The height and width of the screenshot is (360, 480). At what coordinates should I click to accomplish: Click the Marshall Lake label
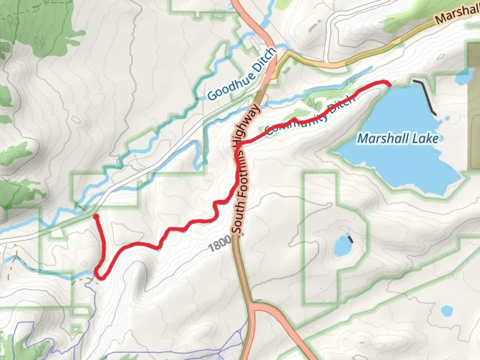pyautogui.click(x=398, y=138)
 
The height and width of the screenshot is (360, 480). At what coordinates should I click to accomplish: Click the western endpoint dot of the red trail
pyautogui.click(x=96, y=217)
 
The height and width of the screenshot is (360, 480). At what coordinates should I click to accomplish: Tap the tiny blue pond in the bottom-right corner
pyautogui.click(x=446, y=311)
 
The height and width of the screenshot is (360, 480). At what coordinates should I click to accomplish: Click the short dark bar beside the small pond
pyautogui.click(x=350, y=239)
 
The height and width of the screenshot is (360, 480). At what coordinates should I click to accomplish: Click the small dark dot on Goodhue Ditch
pyautogui.click(x=197, y=99)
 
